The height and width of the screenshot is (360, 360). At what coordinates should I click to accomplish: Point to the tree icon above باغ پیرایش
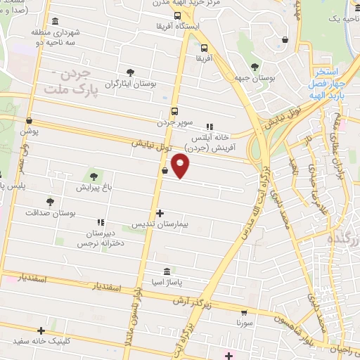tap(93, 176)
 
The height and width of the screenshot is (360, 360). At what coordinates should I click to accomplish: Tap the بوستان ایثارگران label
tap(130, 84)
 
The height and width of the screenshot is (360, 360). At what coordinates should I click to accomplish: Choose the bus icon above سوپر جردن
tap(174, 110)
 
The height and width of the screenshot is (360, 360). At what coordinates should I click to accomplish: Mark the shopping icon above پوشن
tap(29, 120)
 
